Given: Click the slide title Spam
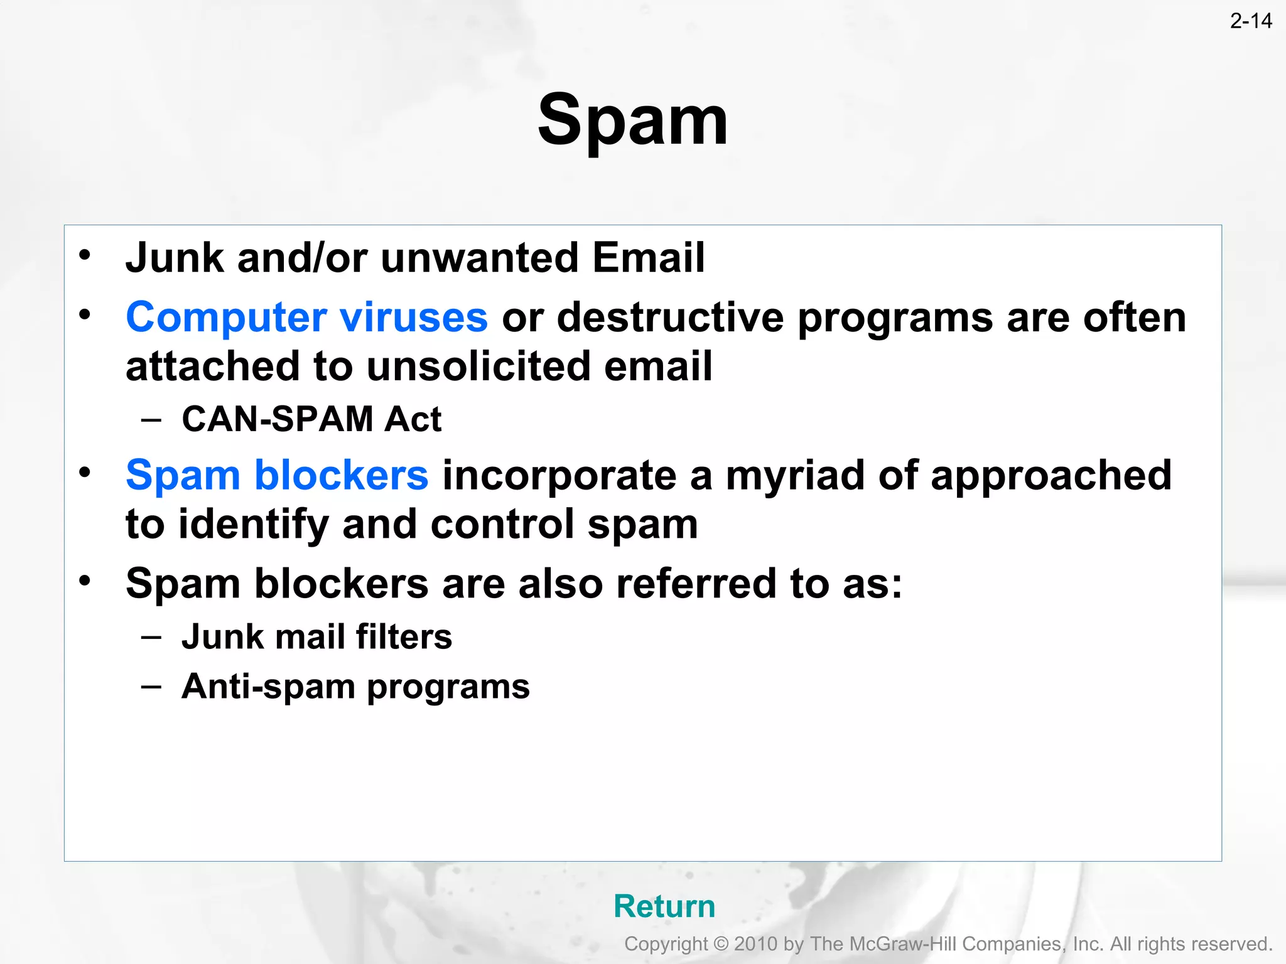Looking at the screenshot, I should click(x=632, y=120).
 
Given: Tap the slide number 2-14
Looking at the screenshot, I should click(x=1250, y=21).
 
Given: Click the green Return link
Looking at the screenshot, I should click(x=664, y=906).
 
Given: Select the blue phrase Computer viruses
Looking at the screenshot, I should click(x=306, y=317).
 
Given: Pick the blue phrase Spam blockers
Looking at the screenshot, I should click(x=277, y=475).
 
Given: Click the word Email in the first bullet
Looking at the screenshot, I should click(x=648, y=258).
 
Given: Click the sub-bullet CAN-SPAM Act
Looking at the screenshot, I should click(x=311, y=419).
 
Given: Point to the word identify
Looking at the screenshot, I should click(x=253, y=525).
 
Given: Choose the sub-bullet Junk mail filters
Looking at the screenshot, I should click(x=316, y=637).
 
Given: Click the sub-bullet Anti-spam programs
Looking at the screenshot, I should click(x=355, y=687).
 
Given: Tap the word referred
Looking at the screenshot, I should click(x=696, y=584).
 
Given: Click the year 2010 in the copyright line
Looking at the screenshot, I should click(x=756, y=944).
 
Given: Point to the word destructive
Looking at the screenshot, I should click(x=670, y=317).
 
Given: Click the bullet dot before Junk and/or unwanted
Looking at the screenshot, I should click(x=85, y=255).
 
